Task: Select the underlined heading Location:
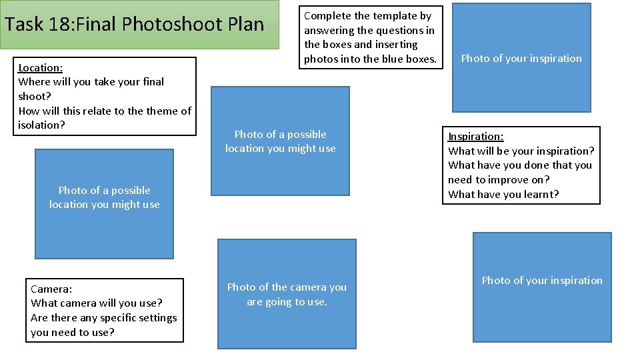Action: [x=41, y=67]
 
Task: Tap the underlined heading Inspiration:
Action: [x=475, y=137]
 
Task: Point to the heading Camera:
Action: [x=51, y=289]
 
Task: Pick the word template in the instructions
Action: [x=397, y=15]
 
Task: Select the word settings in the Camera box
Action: [x=154, y=318]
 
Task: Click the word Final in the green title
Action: [x=99, y=25]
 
